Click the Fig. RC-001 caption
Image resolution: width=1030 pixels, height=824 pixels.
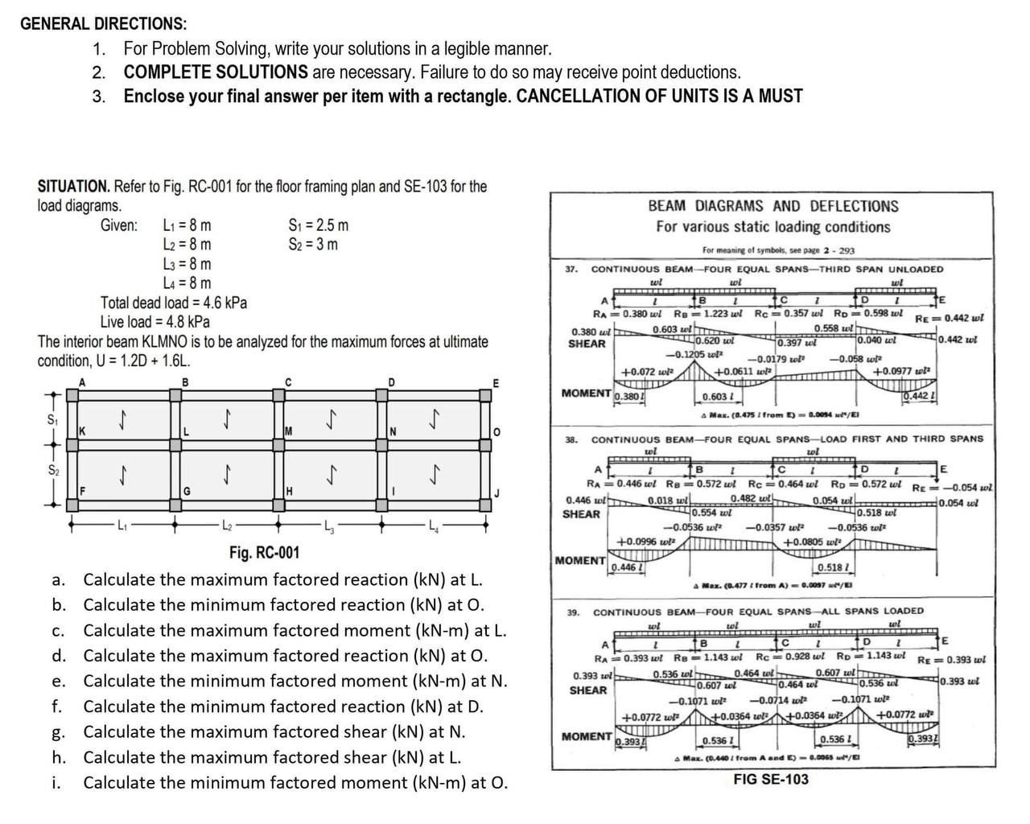(x=265, y=553)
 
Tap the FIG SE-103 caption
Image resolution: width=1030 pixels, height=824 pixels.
(x=771, y=779)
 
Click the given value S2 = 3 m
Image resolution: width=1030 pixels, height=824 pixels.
(x=313, y=245)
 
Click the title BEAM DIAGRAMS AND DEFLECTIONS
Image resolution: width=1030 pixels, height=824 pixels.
(x=772, y=206)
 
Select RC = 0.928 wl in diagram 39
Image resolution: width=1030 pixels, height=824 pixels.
(x=788, y=656)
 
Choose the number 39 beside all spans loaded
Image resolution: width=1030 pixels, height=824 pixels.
(x=573, y=612)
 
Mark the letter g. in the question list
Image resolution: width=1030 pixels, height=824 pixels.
(x=58, y=732)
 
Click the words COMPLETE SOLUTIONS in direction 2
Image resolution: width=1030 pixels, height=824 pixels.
(x=216, y=72)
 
